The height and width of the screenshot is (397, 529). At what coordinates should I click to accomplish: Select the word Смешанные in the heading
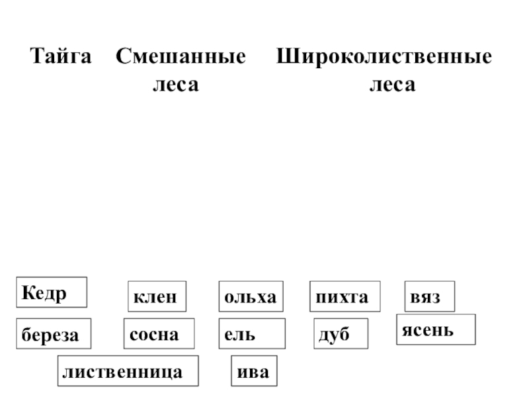click(x=181, y=57)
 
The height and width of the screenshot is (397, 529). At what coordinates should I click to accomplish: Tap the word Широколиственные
click(x=384, y=57)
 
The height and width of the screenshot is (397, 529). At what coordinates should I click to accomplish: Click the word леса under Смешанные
click(x=175, y=85)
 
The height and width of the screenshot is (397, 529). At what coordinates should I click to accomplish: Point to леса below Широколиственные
click(x=392, y=85)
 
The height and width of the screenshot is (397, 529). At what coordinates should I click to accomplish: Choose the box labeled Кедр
click(x=52, y=292)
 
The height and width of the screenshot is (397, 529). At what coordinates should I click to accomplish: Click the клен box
click(x=156, y=297)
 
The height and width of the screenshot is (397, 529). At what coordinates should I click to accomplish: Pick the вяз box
click(x=430, y=297)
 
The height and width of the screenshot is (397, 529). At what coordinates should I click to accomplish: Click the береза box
click(x=53, y=334)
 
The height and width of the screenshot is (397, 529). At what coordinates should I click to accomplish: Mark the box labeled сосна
click(x=159, y=333)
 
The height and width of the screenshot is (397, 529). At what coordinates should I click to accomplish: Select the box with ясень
click(x=436, y=330)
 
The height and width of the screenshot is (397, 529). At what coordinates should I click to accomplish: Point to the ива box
click(x=254, y=371)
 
